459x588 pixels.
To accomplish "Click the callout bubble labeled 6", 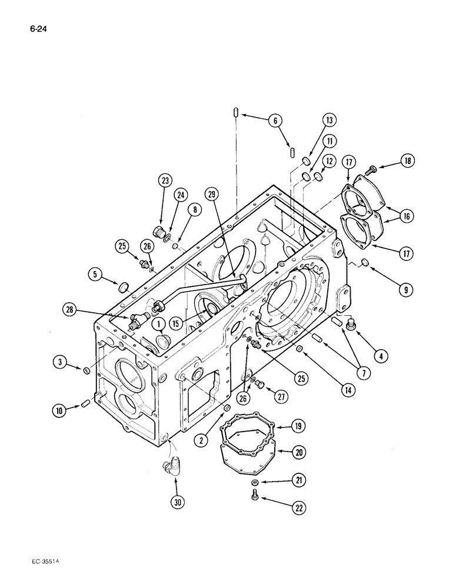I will click(274, 121).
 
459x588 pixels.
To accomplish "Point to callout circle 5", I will click(94, 273).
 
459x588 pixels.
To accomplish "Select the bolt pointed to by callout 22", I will click(254, 497).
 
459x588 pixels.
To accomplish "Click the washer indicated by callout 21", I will click(254, 483).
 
